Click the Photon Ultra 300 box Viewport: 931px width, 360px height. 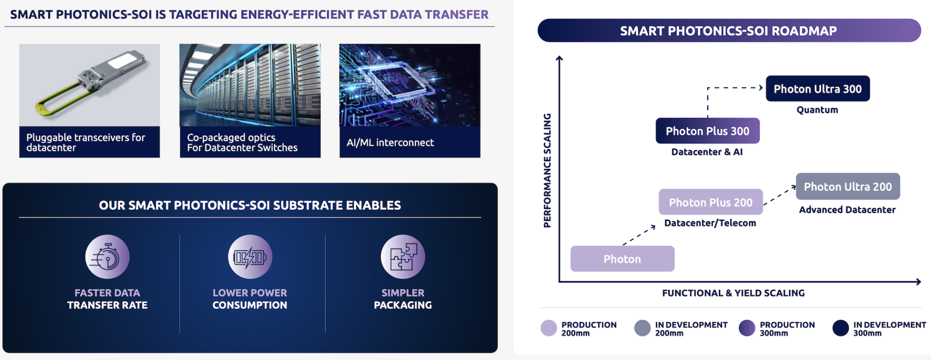click(817, 89)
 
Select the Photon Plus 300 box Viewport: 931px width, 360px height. click(707, 131)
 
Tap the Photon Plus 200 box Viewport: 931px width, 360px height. click(711, 202)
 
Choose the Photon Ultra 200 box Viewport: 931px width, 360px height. click(847, 186)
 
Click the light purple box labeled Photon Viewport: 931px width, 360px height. click(622, 259)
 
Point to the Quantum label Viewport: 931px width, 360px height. click(817, 110)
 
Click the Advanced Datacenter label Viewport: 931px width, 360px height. click(847, 210)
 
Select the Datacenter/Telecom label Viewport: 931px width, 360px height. click(710, 223)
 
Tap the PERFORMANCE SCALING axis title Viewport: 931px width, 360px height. click(547, 170)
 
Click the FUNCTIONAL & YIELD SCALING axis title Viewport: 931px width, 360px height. click(733, 293)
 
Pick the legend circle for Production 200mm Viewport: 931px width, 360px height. click(549, 328)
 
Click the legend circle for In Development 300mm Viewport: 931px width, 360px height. click(841, 328)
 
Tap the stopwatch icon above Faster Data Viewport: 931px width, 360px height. click(107, 257)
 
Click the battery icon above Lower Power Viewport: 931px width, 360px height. click(250, 257)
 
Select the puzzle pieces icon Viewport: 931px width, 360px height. click(403, 257)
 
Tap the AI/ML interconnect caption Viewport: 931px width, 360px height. click(390, 143)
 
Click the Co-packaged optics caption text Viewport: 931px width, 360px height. click(242, 142)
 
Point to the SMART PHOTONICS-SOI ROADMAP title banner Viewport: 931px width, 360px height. click(729, 31)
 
